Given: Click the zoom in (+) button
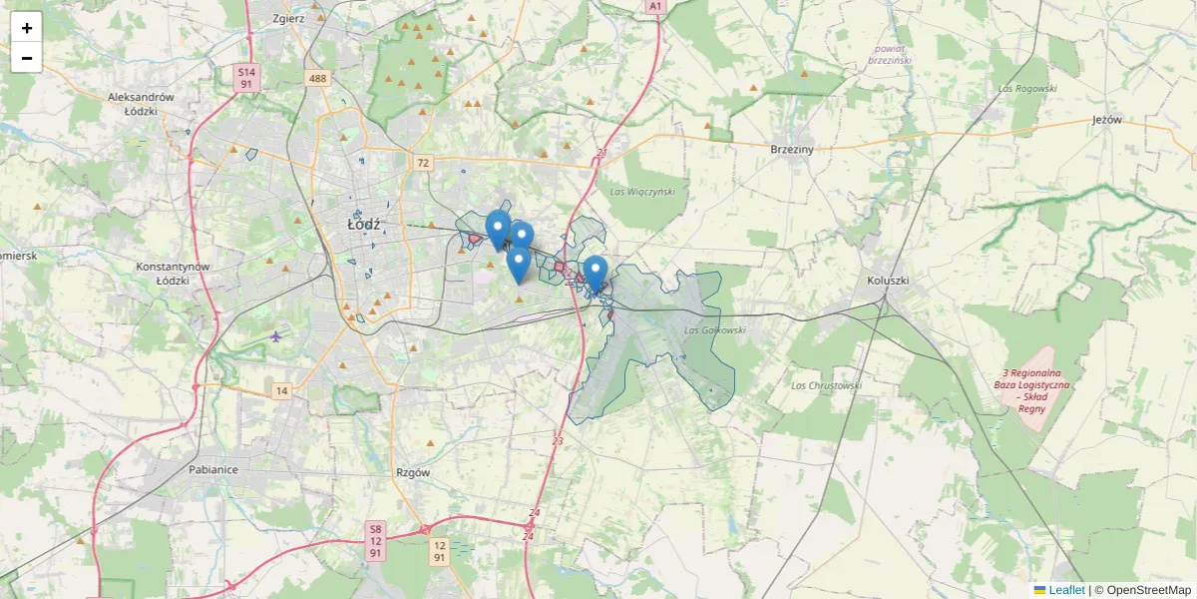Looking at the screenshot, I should [x=27, y=28].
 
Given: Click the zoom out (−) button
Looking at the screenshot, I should [x=27, y=58].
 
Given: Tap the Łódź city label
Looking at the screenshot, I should [x=364, y=225].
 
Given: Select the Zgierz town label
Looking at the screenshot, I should [x=287, y=19].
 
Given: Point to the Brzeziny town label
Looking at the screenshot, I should [x=792, y=149].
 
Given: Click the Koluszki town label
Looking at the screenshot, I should [x=888, y=281].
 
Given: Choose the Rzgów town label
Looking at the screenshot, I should [x=412, y=473].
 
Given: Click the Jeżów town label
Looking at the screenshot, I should [x=1107, y=120].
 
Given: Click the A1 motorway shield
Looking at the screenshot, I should [x=654, y=6].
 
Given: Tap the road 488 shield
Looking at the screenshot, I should [x=318, y=79].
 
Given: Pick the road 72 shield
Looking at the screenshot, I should [x=423, y=163].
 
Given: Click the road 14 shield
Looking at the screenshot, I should [x=282, y=391].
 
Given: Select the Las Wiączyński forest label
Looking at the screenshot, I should [x=642, y=191].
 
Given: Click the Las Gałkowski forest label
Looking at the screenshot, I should [x=716, y=329].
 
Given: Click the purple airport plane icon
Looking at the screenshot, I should [x=276, y=335].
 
